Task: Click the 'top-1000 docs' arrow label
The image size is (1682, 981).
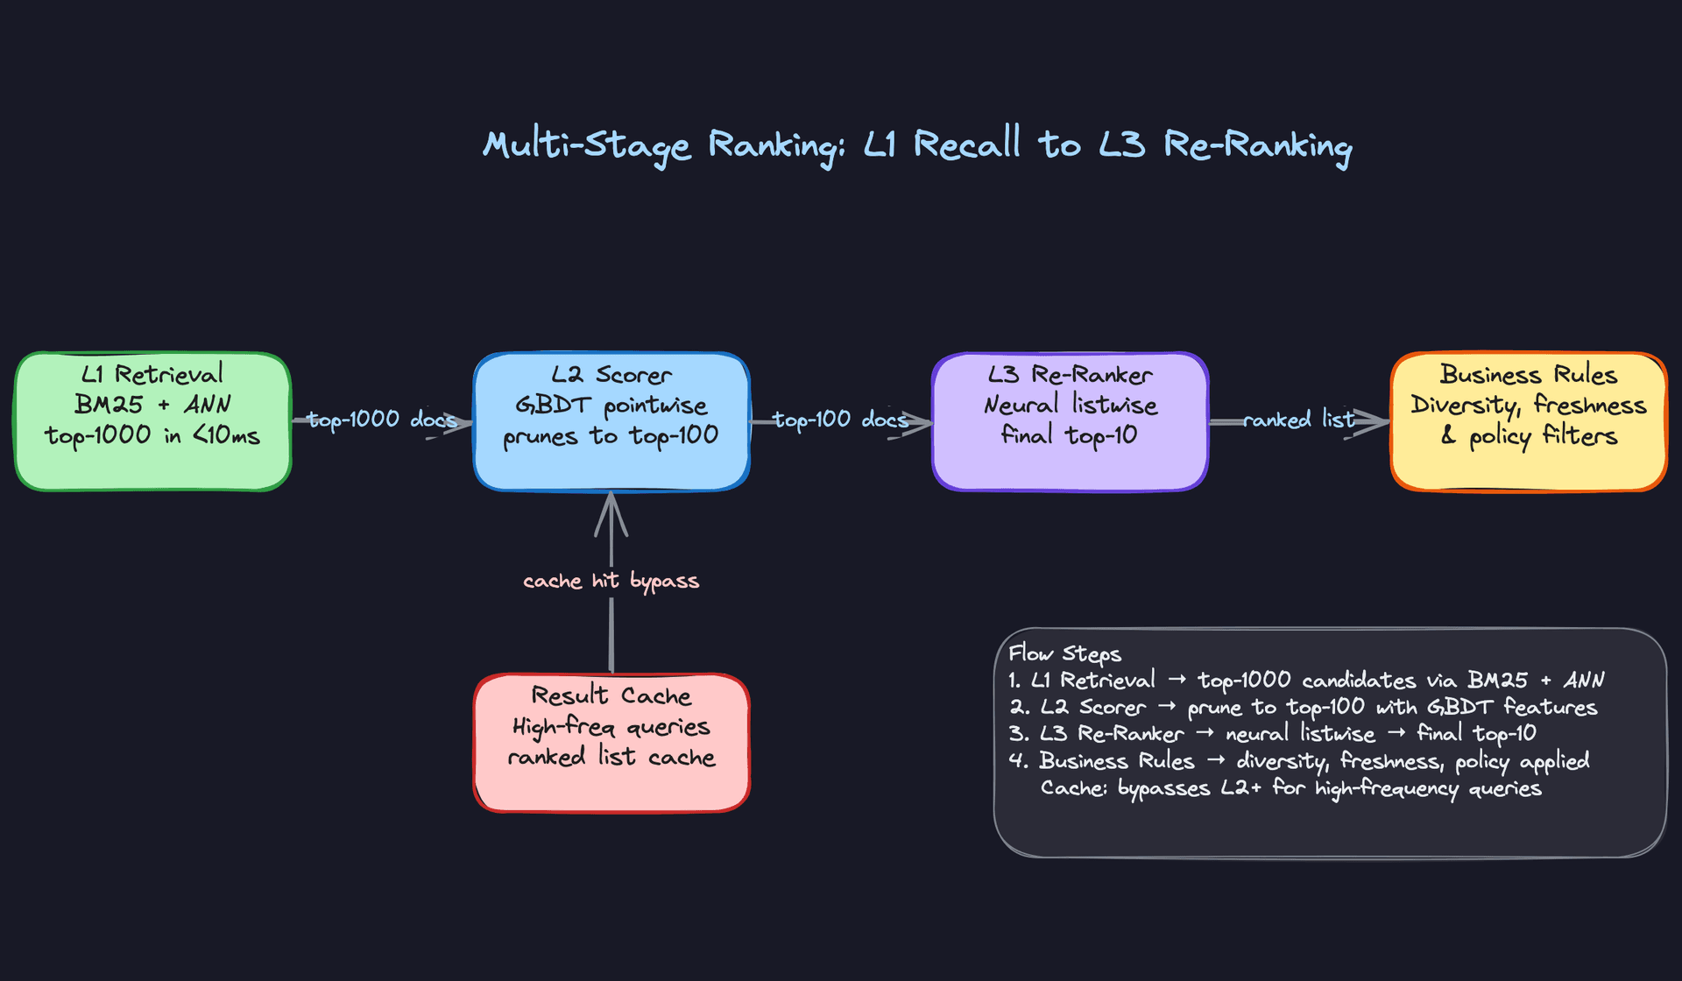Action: coord(382,420)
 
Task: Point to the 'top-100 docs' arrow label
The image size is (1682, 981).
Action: coord(839,420)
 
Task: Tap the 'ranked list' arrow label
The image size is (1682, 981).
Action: coord(1298,420)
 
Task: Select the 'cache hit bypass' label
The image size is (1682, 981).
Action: coord(611,581)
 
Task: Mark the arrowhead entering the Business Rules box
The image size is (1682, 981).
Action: coord(1372,421)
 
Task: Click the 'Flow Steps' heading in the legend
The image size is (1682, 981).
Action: coord(1064,653)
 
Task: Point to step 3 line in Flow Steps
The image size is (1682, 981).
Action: coord(1271,733)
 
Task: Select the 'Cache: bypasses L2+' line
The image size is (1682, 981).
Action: coord(1290,788)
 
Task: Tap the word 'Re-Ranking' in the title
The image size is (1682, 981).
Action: coord(1257,145)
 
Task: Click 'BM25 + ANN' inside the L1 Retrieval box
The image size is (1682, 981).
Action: coord(152,405)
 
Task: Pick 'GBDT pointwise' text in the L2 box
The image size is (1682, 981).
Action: coord(611,406)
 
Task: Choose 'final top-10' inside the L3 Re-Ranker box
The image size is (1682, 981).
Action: coord(1069,435)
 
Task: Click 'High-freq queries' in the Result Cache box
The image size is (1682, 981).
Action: coord(611,727)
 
